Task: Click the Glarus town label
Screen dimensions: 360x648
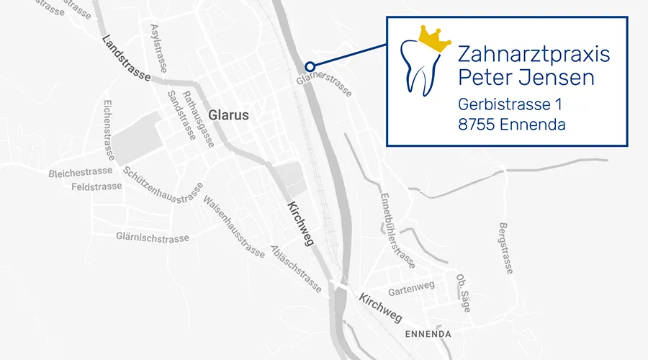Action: tap(228, 115)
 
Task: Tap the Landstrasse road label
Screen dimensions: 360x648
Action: tap(126, 58)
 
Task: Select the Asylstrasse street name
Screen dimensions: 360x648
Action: tap(158, 48)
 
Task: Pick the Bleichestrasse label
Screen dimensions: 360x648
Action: tap(81, 173)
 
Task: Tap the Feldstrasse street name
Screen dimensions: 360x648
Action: tap(98, 186)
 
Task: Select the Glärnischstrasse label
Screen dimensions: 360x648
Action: tap(152, 238)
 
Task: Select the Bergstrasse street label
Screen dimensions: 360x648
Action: tap(505, 248)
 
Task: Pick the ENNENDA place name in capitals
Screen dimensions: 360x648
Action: tap(428, 334)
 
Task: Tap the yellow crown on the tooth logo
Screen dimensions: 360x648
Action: tap(430, 40)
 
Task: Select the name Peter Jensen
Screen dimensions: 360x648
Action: tap(526, 77)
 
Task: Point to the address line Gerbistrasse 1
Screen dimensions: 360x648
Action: tap(510, 104)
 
